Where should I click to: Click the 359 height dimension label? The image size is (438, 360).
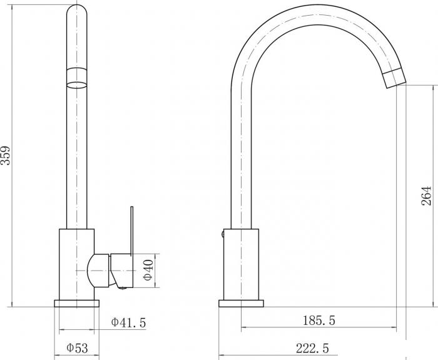point(5,155)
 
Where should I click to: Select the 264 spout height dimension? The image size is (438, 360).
point(426,195)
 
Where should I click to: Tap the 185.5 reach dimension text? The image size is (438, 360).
point(318,321)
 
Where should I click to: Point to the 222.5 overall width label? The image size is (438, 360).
point(312,348)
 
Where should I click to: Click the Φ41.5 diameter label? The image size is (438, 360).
point(128,322)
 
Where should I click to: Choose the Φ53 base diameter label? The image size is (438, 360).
point(77,348)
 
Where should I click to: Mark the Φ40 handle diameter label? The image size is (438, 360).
point(148,270)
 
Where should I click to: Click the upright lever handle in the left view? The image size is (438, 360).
point(132,231)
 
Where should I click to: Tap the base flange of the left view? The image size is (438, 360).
point(77,304)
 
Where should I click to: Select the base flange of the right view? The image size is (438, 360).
point(241,304)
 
